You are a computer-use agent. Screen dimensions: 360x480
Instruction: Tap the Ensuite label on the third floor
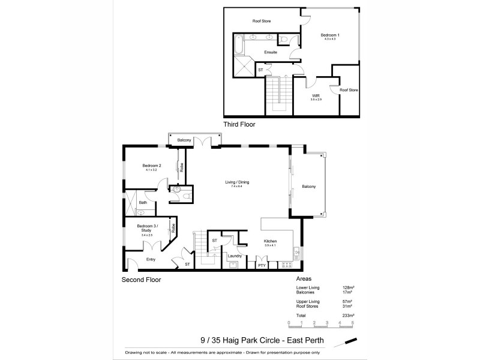pos(271,52)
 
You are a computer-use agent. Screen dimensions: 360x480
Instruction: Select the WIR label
pos(315,95)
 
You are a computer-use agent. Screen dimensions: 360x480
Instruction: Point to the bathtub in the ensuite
pos(239,45)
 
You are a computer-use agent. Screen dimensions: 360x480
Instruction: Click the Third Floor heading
pos(239,125)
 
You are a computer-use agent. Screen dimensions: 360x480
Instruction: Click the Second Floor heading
pos(141,280)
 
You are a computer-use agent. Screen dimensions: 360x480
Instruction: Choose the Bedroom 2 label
pos(152,166)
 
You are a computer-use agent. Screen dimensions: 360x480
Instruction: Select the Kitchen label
pos(270,241)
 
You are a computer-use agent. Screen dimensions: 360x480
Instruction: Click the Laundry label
pos(235,256)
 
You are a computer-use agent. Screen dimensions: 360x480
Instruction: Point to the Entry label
pos(151,260)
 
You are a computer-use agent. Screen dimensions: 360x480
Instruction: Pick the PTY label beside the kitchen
pos(262,265)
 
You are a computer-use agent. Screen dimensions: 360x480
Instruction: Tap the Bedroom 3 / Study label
pos(146,227)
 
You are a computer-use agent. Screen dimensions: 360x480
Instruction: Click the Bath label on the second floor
pos(143,203)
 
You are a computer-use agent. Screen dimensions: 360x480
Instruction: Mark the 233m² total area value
pos(349,316)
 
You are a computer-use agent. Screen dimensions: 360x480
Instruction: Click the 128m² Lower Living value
pos(347,288)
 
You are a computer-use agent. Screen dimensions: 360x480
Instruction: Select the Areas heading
pos(304,280)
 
